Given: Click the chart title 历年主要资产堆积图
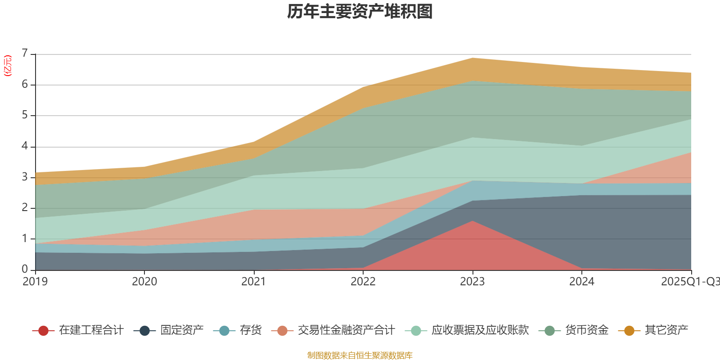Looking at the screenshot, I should (x=360, y=12).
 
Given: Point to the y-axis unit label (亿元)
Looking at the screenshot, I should (x=8, y=66).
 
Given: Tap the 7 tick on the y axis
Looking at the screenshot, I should (x=25, y=54).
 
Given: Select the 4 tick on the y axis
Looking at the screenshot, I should (x=25, y=146).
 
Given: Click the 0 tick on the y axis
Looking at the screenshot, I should (x=25, y=269).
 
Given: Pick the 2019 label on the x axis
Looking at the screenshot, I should (x=35, y=282).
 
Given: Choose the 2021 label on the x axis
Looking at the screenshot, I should (x=254, y=282).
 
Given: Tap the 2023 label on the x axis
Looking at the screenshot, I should (x=472, y=282).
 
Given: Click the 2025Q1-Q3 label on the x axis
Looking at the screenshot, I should (x=689, y=282).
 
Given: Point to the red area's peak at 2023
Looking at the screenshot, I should (x=472, y=221).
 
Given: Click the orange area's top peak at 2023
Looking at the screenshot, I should (x=472, y=58).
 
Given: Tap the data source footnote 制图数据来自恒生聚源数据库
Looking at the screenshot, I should (x=360, y=355).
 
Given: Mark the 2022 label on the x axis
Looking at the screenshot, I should (x=363, y=282).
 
